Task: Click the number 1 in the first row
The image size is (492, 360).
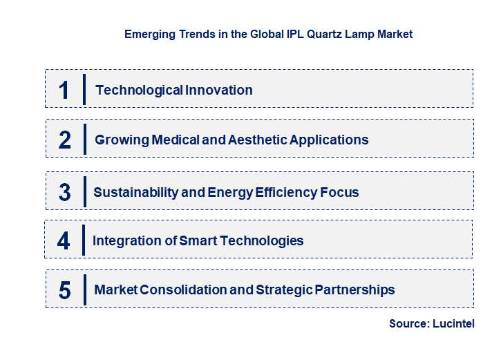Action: coord(64,90)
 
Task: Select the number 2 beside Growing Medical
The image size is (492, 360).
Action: coord(65,140)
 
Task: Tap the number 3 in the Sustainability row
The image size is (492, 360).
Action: coord(65,192)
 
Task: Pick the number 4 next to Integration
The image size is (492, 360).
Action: coord(64,241)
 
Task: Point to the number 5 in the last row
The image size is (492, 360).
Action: coord(65,290)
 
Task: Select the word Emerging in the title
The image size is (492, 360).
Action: coord(146,34)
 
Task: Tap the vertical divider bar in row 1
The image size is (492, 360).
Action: coord(84,89)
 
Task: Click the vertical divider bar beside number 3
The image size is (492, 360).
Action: coord(84,191)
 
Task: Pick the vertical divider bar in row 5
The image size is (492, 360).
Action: coord(84,290)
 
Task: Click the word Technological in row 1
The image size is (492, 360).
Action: coord(139,90)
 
